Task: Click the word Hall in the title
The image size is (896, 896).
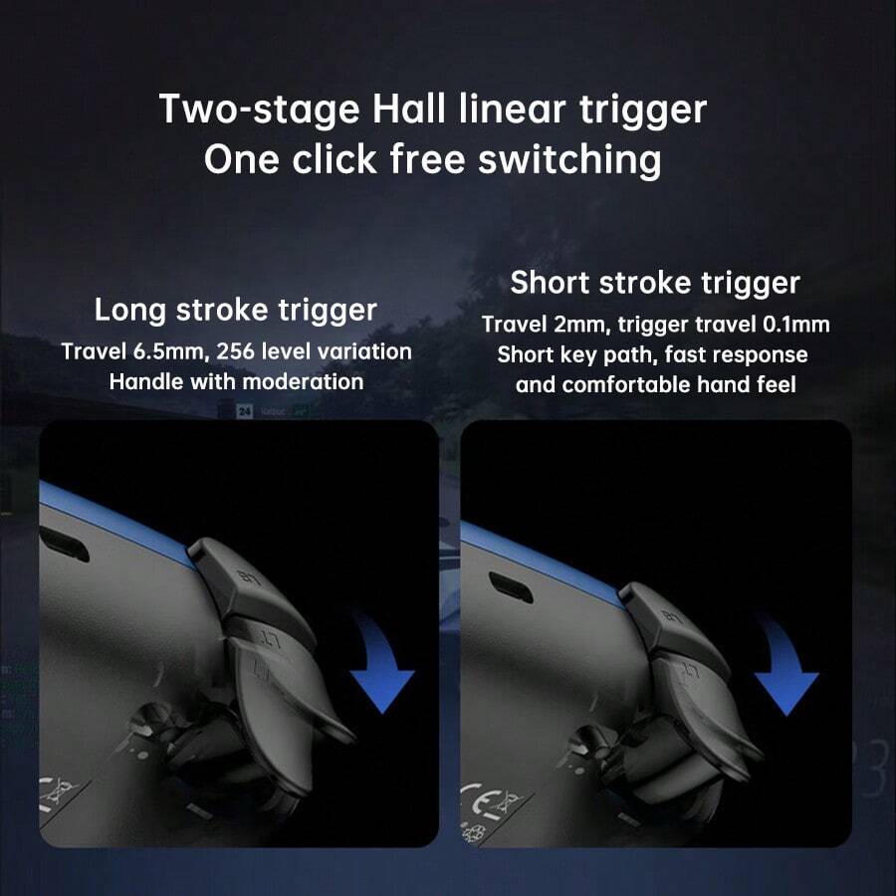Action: (408, 109)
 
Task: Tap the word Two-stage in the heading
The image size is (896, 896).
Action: (260, 110)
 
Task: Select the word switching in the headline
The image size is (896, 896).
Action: (569, 159)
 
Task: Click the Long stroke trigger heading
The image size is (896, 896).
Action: (235, 311)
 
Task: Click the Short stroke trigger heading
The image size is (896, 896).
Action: (655, 283)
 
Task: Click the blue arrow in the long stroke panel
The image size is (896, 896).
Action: (381, 663)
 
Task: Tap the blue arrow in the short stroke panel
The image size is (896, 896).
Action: (785, 666)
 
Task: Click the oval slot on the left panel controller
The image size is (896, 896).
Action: (64, 544)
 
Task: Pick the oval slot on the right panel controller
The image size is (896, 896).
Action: (511, 586)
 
